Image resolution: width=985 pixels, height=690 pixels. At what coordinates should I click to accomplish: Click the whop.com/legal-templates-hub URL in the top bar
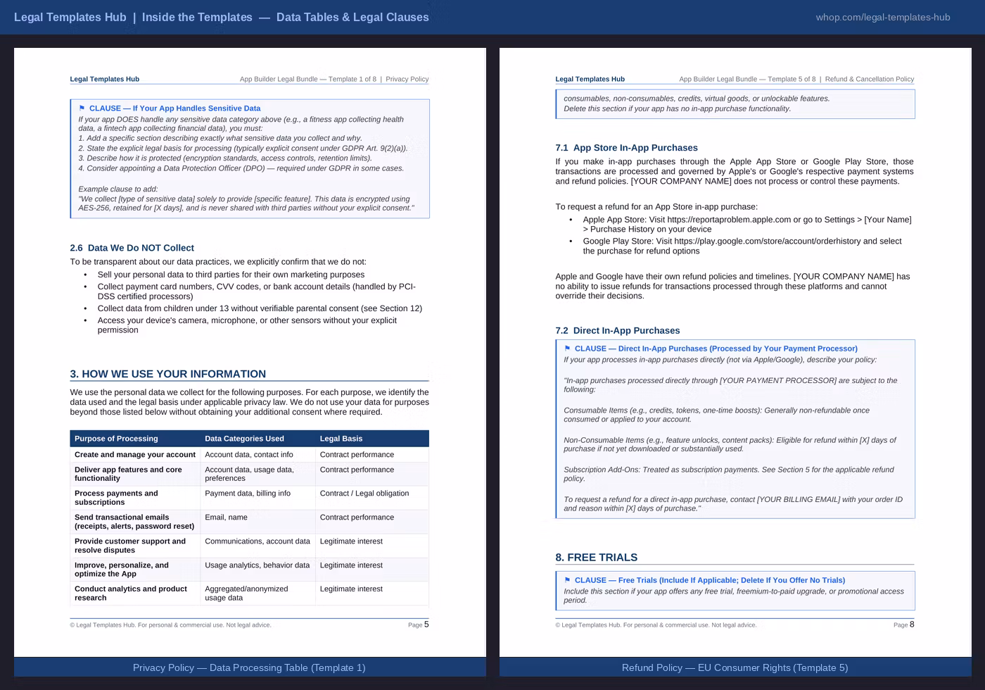tap(882, 17)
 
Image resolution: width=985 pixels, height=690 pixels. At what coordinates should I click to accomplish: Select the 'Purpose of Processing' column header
tap(116, 439)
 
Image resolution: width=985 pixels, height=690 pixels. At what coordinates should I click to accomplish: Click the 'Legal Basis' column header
tap(341, 439)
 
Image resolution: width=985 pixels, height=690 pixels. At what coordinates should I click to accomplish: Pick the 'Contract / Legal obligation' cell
tap(364, 494)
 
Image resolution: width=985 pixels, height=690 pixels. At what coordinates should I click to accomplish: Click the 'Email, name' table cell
tap(226, 517)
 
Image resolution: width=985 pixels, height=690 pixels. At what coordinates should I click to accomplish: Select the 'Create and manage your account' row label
tap(135, 455)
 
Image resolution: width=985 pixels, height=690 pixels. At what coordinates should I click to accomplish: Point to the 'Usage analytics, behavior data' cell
tap(257, 565)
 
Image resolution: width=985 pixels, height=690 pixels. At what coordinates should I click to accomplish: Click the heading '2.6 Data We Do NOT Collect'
tap(132, 248)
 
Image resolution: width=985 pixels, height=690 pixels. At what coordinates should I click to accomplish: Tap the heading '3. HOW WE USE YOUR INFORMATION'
tap(167, 374)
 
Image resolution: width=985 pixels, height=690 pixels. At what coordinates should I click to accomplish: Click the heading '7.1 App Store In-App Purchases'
tap(626, 148)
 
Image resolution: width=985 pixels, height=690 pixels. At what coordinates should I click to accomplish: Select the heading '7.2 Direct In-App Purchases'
tap(617, 331)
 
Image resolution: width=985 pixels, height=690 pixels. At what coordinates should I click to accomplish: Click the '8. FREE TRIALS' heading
tap(596, 558)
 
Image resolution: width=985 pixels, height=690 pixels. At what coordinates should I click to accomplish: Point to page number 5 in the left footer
tap(426, 625)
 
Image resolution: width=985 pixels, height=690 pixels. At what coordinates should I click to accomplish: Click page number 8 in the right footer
tap(912, 625)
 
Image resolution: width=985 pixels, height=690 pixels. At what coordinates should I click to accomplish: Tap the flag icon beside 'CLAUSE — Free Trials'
tap(567, 580)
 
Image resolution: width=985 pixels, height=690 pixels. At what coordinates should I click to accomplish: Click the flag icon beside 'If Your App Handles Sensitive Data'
tap(82, 108)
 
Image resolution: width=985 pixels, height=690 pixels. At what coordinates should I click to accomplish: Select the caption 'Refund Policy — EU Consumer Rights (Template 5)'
tap(735, 667)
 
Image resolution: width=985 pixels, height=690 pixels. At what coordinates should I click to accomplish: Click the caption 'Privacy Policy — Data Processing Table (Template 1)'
tap(249, 667)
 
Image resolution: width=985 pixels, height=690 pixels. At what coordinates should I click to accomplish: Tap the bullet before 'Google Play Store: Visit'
tap(571, 241)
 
